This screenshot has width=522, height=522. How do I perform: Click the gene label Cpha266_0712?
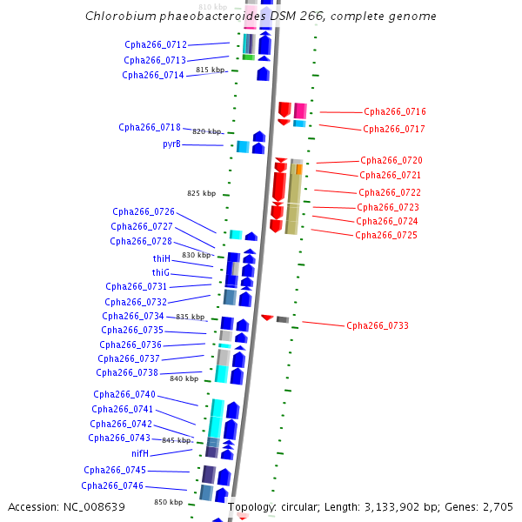156,44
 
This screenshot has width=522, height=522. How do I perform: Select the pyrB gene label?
171,144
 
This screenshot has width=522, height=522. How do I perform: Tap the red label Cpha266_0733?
378,326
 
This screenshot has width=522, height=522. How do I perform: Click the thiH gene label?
162,259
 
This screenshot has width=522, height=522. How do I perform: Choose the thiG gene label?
161,273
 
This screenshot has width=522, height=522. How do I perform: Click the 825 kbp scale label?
201,193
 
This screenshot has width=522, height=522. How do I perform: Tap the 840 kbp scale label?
184,378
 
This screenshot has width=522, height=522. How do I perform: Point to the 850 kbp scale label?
169,502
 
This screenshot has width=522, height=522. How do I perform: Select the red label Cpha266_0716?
395,111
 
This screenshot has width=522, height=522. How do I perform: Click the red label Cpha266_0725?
386,235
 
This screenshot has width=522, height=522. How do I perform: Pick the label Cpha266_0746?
112,486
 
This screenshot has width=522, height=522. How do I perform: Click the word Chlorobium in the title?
119,17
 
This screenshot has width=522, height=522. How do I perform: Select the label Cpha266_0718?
150,127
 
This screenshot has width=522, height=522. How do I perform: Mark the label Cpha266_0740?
124,395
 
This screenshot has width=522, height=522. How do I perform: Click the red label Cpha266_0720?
391,161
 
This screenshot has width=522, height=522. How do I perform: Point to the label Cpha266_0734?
133,317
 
